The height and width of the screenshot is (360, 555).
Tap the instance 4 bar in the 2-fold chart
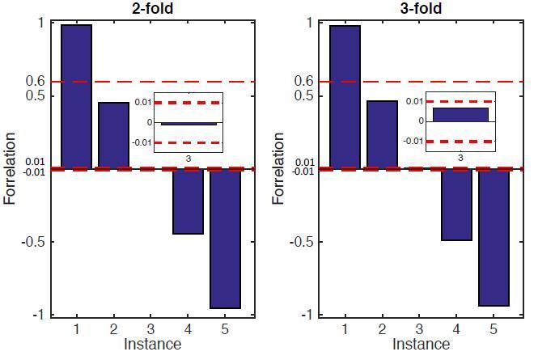[188, 201]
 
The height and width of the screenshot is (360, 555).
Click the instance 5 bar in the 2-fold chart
[225, 239]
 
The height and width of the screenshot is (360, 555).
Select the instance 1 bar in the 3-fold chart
[345, 96]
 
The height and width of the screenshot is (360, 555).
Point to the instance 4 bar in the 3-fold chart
[456, 205]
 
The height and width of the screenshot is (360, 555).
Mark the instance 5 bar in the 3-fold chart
[494, 237]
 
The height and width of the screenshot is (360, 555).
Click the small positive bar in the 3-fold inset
[460, 114]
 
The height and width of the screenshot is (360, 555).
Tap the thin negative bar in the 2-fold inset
[189, 124]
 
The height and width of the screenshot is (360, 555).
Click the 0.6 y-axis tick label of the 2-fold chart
[35, 81]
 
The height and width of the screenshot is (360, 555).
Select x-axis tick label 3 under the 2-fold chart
[150, 329]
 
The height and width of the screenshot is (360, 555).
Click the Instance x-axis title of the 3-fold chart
[420, 345]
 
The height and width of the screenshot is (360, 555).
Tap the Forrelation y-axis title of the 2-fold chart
[10, 168]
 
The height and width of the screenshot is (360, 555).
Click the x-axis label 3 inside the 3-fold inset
[460, 156]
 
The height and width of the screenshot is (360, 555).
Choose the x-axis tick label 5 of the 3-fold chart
[494, 329]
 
